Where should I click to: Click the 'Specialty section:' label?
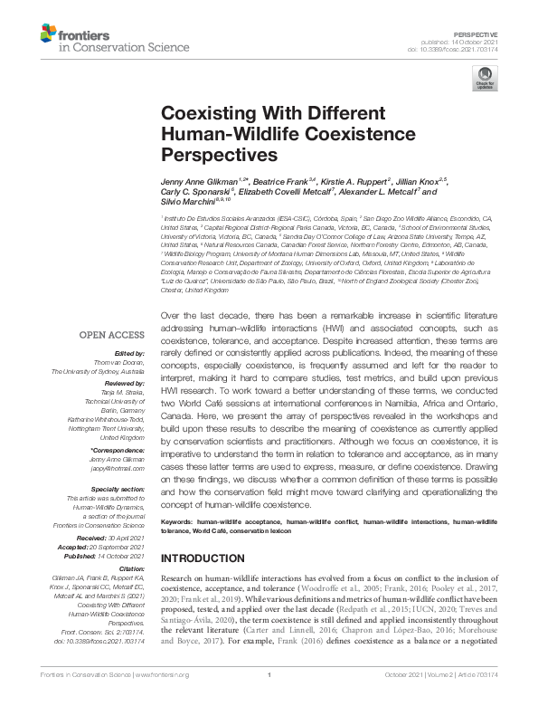tap(116, 488)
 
